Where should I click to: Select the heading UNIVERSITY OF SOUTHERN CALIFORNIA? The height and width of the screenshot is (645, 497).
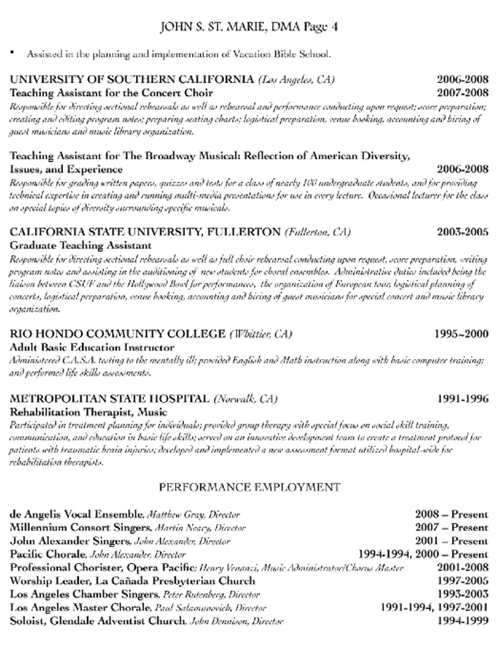click(x=132, y=80)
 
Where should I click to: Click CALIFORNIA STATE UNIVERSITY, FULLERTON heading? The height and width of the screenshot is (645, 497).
click(x=146, y=232)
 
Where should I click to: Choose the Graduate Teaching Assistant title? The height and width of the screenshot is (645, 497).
click(x=81, y=246)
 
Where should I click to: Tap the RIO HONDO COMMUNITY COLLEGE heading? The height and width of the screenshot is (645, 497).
click(x=118, y=334)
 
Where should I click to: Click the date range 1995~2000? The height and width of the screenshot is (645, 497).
click(x=461, y=334)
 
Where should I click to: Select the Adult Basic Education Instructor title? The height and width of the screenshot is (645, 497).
click(x=92, y=347)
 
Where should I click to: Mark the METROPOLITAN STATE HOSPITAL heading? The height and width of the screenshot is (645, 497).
click(x=110, y=398)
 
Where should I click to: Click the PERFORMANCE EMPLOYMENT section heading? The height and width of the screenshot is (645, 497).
click(x=248, y=486)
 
